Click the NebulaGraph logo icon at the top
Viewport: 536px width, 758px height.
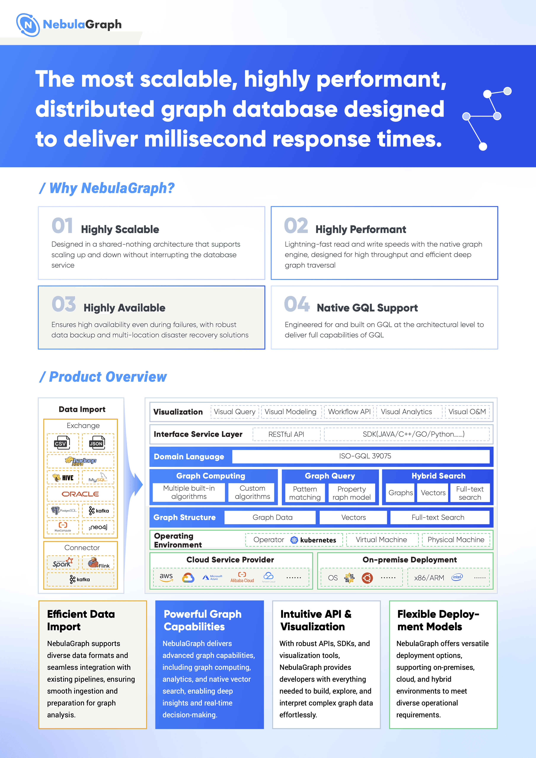pos(28,25)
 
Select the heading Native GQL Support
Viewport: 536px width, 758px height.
pos(367,308)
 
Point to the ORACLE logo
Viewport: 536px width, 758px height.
pos(80,494)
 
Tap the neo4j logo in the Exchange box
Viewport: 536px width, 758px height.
pos(98,527)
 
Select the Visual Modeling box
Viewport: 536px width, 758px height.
pos(290,412)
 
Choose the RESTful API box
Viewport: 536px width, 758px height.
pos(286,434)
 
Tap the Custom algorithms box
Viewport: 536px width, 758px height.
pos(252,492)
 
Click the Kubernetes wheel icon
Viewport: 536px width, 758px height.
pos(294,540)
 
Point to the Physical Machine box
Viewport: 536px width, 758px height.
pos(456,540)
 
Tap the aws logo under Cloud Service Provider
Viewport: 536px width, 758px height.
pos(166,577)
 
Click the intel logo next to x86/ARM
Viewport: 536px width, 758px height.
pos(457,577)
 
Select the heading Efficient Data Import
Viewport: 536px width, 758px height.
pos(81,620)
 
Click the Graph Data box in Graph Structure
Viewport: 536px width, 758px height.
pos(272,517)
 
